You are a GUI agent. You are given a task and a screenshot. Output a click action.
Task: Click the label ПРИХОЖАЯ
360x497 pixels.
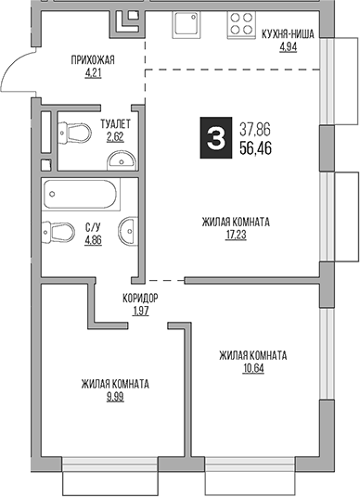point(93,61)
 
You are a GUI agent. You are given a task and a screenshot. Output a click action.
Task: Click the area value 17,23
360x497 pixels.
point(236,236)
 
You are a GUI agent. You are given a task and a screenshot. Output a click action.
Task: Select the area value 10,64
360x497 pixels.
point(252,368)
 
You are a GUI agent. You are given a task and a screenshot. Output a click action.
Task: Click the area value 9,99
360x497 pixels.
point(115,397)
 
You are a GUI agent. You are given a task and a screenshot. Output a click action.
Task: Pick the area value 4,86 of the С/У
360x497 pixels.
point(93,240)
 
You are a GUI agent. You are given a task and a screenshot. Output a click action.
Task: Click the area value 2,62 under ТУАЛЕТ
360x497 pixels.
point(115,135)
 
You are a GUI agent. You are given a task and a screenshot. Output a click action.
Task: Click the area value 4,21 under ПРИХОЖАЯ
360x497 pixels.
point(93,74)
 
